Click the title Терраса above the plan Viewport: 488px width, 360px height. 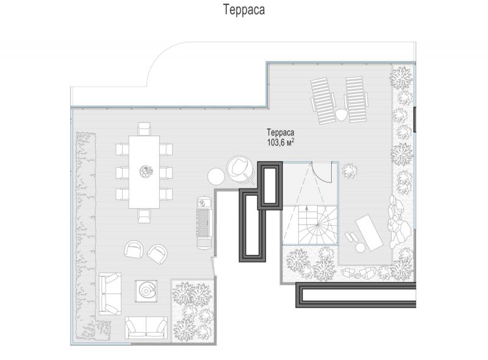point(244,10)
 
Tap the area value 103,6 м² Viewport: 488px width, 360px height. point(281,142)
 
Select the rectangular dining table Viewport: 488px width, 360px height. point(144,172)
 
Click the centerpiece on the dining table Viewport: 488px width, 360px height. point(146,171)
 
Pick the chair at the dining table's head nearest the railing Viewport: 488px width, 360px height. point(144,129)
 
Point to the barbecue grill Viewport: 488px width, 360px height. point(205,223)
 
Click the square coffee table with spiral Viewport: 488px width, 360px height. point(146,291)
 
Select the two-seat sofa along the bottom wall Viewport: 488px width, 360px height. point(146,328)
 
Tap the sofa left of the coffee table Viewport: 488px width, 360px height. point(110,293)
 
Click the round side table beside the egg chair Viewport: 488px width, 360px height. point(216,177)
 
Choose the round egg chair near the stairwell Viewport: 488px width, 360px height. point(240,169)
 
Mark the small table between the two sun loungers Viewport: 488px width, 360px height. point(341,115)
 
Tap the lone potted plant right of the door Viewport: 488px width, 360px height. point(350,171)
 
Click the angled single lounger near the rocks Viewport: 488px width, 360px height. point(369,232)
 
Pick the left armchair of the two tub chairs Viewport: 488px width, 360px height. point(134,249)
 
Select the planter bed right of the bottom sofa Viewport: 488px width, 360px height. point(193,311)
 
